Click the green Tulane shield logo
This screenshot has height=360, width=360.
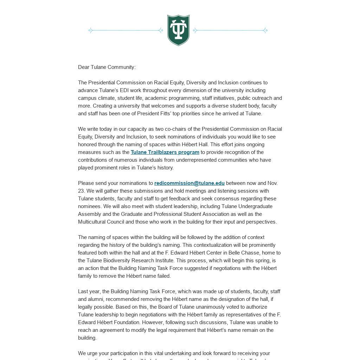[178, 30]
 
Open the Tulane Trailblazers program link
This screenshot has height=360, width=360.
[165, 152]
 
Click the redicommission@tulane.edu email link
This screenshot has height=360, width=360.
[189, 183]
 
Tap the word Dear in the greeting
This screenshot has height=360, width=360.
[84, 67]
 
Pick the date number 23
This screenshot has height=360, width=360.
[81, 191]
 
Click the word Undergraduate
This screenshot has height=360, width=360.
[256, 206]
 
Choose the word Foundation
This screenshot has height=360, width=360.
[124, 322]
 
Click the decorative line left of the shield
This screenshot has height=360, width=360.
[126, 31]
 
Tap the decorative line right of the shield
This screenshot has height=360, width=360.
[230, 31]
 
